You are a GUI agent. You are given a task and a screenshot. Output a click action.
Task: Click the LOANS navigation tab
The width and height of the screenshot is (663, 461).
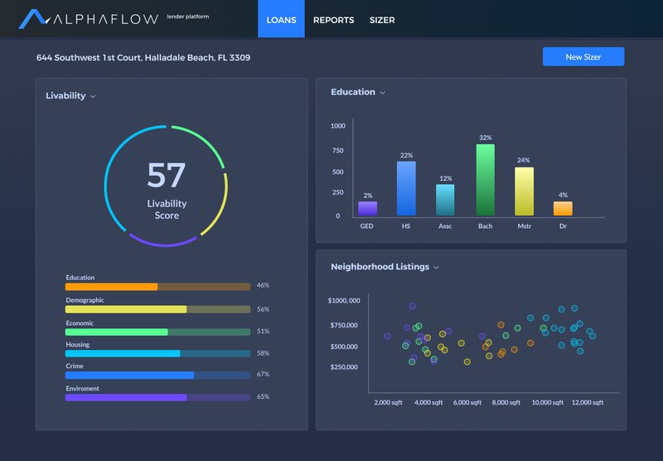pyautogui.click(x=281, y=20)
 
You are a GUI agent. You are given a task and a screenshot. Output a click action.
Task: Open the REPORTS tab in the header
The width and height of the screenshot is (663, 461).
pyautogui.click(x=333, y=20)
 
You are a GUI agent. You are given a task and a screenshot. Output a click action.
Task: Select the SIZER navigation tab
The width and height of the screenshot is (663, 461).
pyautogui.click(x=382, y=20)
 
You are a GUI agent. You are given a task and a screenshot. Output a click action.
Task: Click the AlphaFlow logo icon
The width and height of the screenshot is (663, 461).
pyautogui.click(x=35, y=18)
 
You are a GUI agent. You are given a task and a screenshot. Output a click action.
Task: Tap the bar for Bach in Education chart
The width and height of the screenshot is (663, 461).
pyautogui.click(x=485, y=180)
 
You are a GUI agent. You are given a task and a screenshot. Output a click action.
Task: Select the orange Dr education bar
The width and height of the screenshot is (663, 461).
pyautogui.click(x=563, y=208)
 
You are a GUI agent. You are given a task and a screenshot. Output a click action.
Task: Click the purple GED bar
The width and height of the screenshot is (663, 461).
pyautogui.click(x=367, y=208)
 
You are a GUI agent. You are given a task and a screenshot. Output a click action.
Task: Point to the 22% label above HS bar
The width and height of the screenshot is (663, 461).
pyautogui.click(x=406, y=155)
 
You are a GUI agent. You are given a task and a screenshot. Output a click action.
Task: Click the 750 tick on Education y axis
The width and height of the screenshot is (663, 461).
pyautogui.click(x=337, y=150)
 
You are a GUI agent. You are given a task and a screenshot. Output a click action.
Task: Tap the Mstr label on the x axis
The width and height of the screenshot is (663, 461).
pyautogui.click(x=524, y=226)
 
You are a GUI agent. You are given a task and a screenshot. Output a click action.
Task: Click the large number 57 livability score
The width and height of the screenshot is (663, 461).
pyautogui.click(x=167, y=175)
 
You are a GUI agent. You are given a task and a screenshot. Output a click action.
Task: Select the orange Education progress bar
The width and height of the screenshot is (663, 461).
pyautogui.click(x=112, y=287)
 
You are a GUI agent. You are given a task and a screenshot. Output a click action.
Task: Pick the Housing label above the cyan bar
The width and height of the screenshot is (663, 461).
pyautogui.click(x=77, y=345)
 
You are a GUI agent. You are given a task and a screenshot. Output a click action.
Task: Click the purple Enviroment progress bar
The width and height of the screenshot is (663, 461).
pyautogui.click(x=126, y=397)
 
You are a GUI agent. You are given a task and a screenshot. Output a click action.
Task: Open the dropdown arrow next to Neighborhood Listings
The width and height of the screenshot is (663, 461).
pyautogui.click(x=437, y=268)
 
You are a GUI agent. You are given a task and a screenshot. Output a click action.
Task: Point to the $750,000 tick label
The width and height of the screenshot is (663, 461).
pyautogui.click(x=343, y=325)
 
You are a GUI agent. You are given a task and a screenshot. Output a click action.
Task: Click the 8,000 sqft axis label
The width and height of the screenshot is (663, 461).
pyautogui.click(x=506, y=402)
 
